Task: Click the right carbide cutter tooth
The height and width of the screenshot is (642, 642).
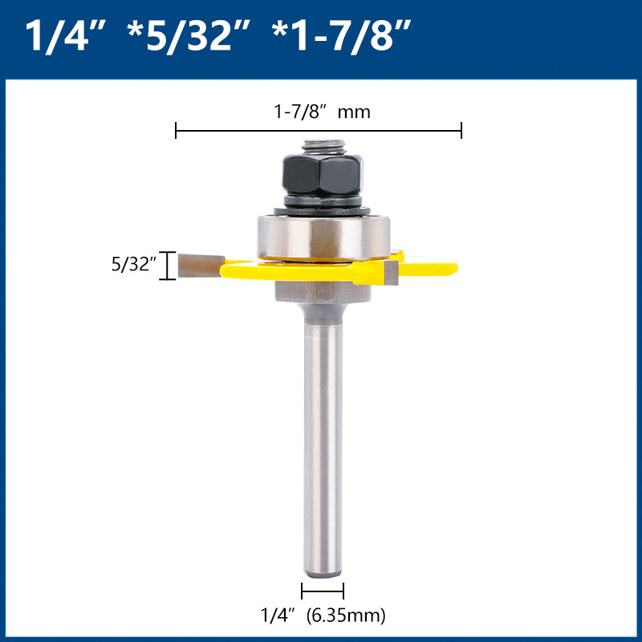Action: coord(391,273)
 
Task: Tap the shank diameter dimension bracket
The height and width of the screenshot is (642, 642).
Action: coord(322,591)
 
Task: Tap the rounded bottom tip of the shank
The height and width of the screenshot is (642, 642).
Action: coord(322,571)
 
